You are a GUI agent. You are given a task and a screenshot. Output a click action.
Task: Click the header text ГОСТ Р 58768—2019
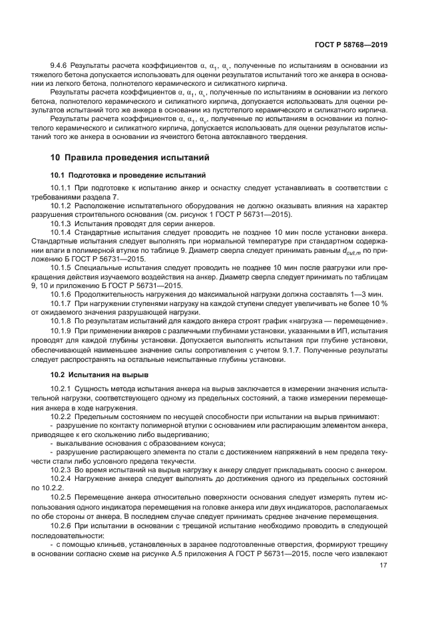(352, 45)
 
